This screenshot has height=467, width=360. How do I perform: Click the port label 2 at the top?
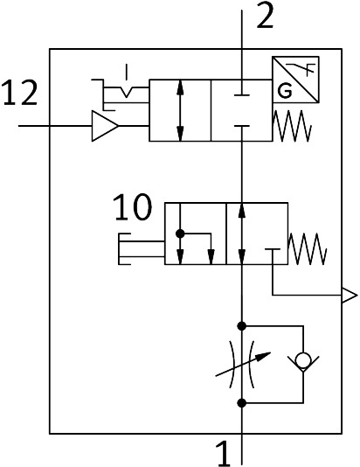coord(265,17)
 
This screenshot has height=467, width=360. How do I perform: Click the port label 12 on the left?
coord(20,93)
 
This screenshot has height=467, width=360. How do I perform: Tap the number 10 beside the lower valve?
coord(133,207)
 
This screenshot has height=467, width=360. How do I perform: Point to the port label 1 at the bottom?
coord(224,455)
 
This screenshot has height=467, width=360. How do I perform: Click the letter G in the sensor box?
coord(285,91)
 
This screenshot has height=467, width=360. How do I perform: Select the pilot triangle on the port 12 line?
coord(105,126)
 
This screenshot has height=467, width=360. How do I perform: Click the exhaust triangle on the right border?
coord(350,296)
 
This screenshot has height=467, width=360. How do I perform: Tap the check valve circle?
coord(303,360)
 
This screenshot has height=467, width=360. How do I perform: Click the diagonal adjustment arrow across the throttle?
coord(243,365)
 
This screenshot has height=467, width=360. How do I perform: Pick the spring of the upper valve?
coord(292,126)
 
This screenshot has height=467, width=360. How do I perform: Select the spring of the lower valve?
coord(308,248)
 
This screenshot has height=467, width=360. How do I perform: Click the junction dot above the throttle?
coord(242,326)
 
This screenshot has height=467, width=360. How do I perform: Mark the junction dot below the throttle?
coord(242,403)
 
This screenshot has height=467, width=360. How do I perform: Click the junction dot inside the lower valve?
coord(180,233)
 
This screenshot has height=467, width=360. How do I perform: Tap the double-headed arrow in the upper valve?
coord(180,110)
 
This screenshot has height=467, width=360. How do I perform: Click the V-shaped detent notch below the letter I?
coord(127,92)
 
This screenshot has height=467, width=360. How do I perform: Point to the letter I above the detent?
coord(127,72)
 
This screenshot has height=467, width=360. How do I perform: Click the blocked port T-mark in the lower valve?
coord(273,252)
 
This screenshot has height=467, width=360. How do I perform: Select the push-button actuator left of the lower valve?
coord(142,248)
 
